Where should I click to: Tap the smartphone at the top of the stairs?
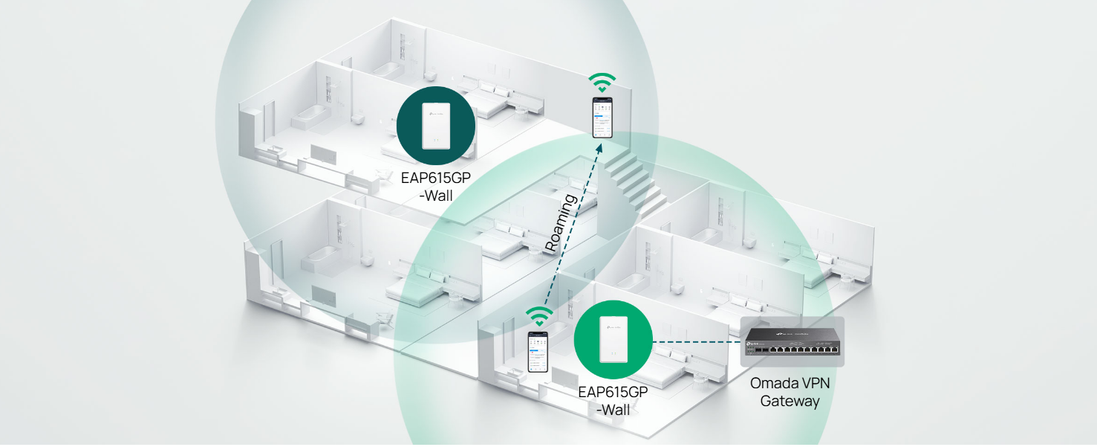click(602, 117)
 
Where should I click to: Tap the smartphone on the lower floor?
click(538, 352)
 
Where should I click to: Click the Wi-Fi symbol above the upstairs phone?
click(602, 82)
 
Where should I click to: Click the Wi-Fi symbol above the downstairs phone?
click(538, 316)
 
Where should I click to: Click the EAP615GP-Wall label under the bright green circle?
click(613, 400)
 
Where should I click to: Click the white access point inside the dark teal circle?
click(436, 126)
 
